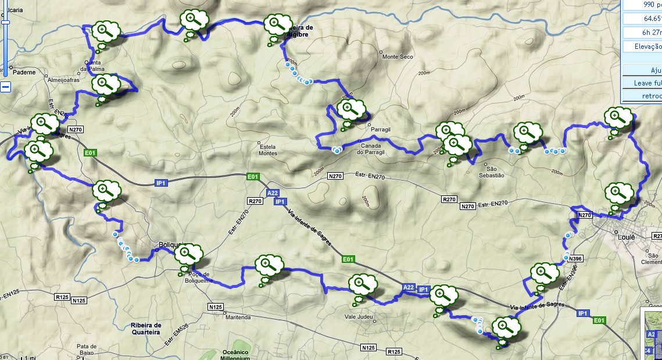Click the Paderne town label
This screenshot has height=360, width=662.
click(25, 73)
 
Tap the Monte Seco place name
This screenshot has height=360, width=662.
click(397, 56)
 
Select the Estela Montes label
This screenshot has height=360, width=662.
click(267, 149)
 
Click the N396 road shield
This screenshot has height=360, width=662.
click(575, 258)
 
